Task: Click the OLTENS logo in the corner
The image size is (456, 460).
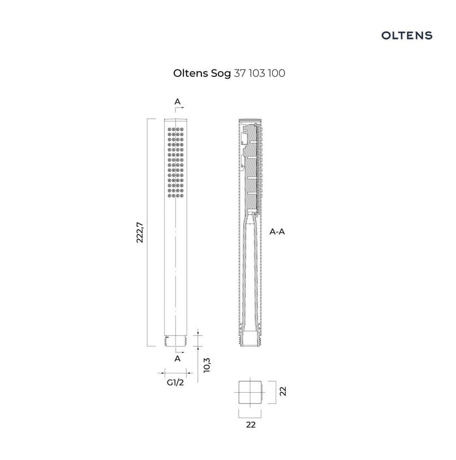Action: (406, 36)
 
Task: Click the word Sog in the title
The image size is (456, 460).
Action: (221, 74)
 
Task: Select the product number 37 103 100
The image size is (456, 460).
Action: (259, 73)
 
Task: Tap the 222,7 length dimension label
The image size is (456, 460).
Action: (140, 233)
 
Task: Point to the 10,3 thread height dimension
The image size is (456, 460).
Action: (207, 366)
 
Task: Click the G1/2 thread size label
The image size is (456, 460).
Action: (175, 382)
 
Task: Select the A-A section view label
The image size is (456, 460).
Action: (277, 232)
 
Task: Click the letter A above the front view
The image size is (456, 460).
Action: (178, 101)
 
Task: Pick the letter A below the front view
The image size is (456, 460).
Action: (178, 359)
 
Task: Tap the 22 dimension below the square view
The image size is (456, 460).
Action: (251, 424)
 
